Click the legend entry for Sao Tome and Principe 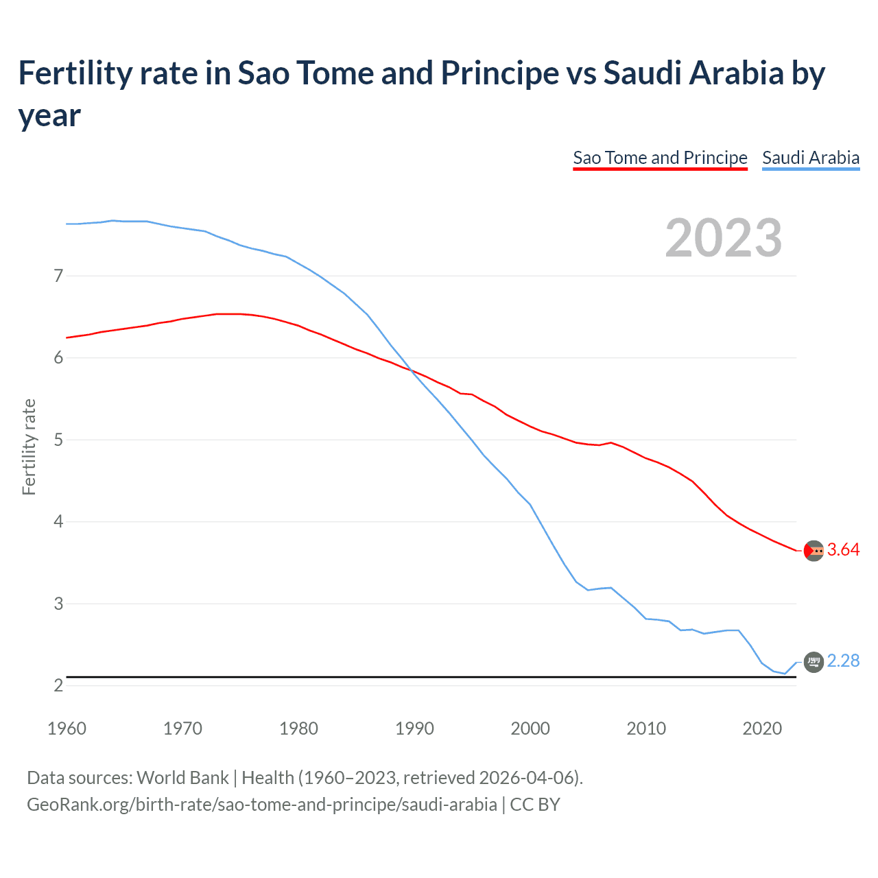pos(660,158)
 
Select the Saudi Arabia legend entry pos(811,158)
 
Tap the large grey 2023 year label pos(724,238)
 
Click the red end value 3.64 pos(843,550)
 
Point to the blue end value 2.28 pos(843,661)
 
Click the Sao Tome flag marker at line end pos(814,551)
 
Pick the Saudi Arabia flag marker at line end pos(814,662)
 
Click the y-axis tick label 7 pos(58,276)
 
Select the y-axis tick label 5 pos(58,440)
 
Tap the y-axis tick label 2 pos(58,685)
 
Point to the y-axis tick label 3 pos(58,604)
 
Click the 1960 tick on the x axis pos(67,728)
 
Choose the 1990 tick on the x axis pos(414,728)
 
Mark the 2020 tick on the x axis pos(762,728)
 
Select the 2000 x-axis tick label pos(530,728)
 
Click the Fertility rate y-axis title pos(29,447)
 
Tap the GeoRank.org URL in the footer pos(261,804)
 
